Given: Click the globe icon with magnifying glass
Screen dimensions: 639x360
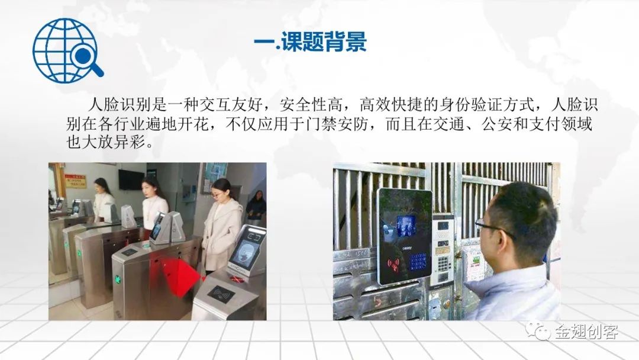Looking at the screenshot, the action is click(x=67, y=50).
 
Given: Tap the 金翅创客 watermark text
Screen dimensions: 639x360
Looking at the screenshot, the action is click(x=586, y=331).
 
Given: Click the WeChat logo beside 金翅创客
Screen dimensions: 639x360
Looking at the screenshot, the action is click(x=537, y=330).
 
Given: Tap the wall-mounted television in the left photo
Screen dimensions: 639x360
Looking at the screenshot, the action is click(x=131, y=179).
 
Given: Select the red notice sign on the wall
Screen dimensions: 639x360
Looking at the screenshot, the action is click(x=76, y=181).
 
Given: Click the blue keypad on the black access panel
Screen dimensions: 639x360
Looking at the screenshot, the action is click(x=418, y=262).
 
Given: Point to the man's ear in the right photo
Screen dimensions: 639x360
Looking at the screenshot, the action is click(x=506, y=245).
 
